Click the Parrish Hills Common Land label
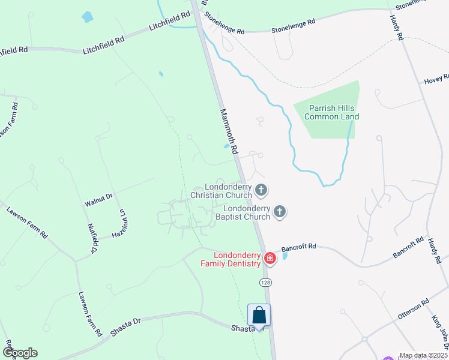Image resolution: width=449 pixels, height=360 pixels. click(x=331, y=112)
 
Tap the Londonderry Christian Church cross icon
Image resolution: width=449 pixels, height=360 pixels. click(x=261, y=190)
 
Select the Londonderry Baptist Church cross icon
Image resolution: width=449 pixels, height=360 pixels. click(x=279, y=211)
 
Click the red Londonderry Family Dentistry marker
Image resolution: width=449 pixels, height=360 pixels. click(x=270, y=259)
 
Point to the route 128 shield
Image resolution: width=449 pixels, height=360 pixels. click(x=265, y=281)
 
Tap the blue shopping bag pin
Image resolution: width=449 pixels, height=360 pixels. click(x=259, y=315)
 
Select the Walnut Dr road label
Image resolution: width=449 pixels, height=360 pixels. click(x=98, y=200)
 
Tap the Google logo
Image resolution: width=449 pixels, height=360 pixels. click(x=19, y=352)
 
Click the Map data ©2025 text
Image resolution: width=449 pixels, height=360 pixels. click(x=423, y=355)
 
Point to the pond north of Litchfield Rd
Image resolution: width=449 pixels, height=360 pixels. click(x=88, y=17)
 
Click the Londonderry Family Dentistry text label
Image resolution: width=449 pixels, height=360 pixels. click(x=231, y=260)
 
